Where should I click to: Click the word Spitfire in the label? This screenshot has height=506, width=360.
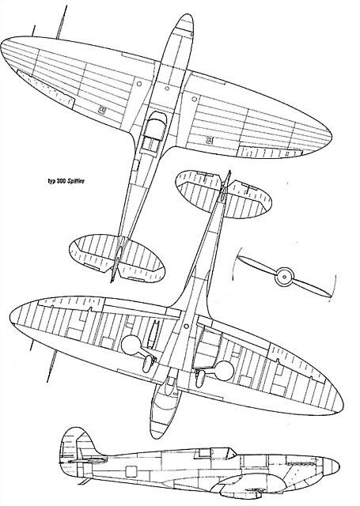pyautogui.click(x=76, y=181)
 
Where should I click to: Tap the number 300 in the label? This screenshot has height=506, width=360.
pyautogui.click(x=63, y=181)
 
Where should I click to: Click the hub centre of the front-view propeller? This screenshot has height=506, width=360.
pyautogui.click(x=284, y=277)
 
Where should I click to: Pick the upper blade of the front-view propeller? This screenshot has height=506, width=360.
pyautogui.click(x=256, y=263)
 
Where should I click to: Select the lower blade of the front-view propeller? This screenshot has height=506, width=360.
pyautogui.click(x=312, y=287)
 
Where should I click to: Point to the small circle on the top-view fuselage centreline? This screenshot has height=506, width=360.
pyautogui.click(x=167, y=89)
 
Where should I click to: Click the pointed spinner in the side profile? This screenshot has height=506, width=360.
pyautogui.click(x=332, y=466)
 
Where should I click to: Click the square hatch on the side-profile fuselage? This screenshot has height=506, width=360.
pyautogui.click(x=131, y=472)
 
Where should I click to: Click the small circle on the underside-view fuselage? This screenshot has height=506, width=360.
pyautogui.click(x=186, y=327)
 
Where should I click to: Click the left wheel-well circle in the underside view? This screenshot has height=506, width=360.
pyautogui.click(x=131, y=345)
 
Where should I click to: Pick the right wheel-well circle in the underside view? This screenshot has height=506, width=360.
pyautogui.click(x=224, y=371)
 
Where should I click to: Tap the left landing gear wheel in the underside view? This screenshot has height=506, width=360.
pyautogui.click(x=148, y=363)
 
